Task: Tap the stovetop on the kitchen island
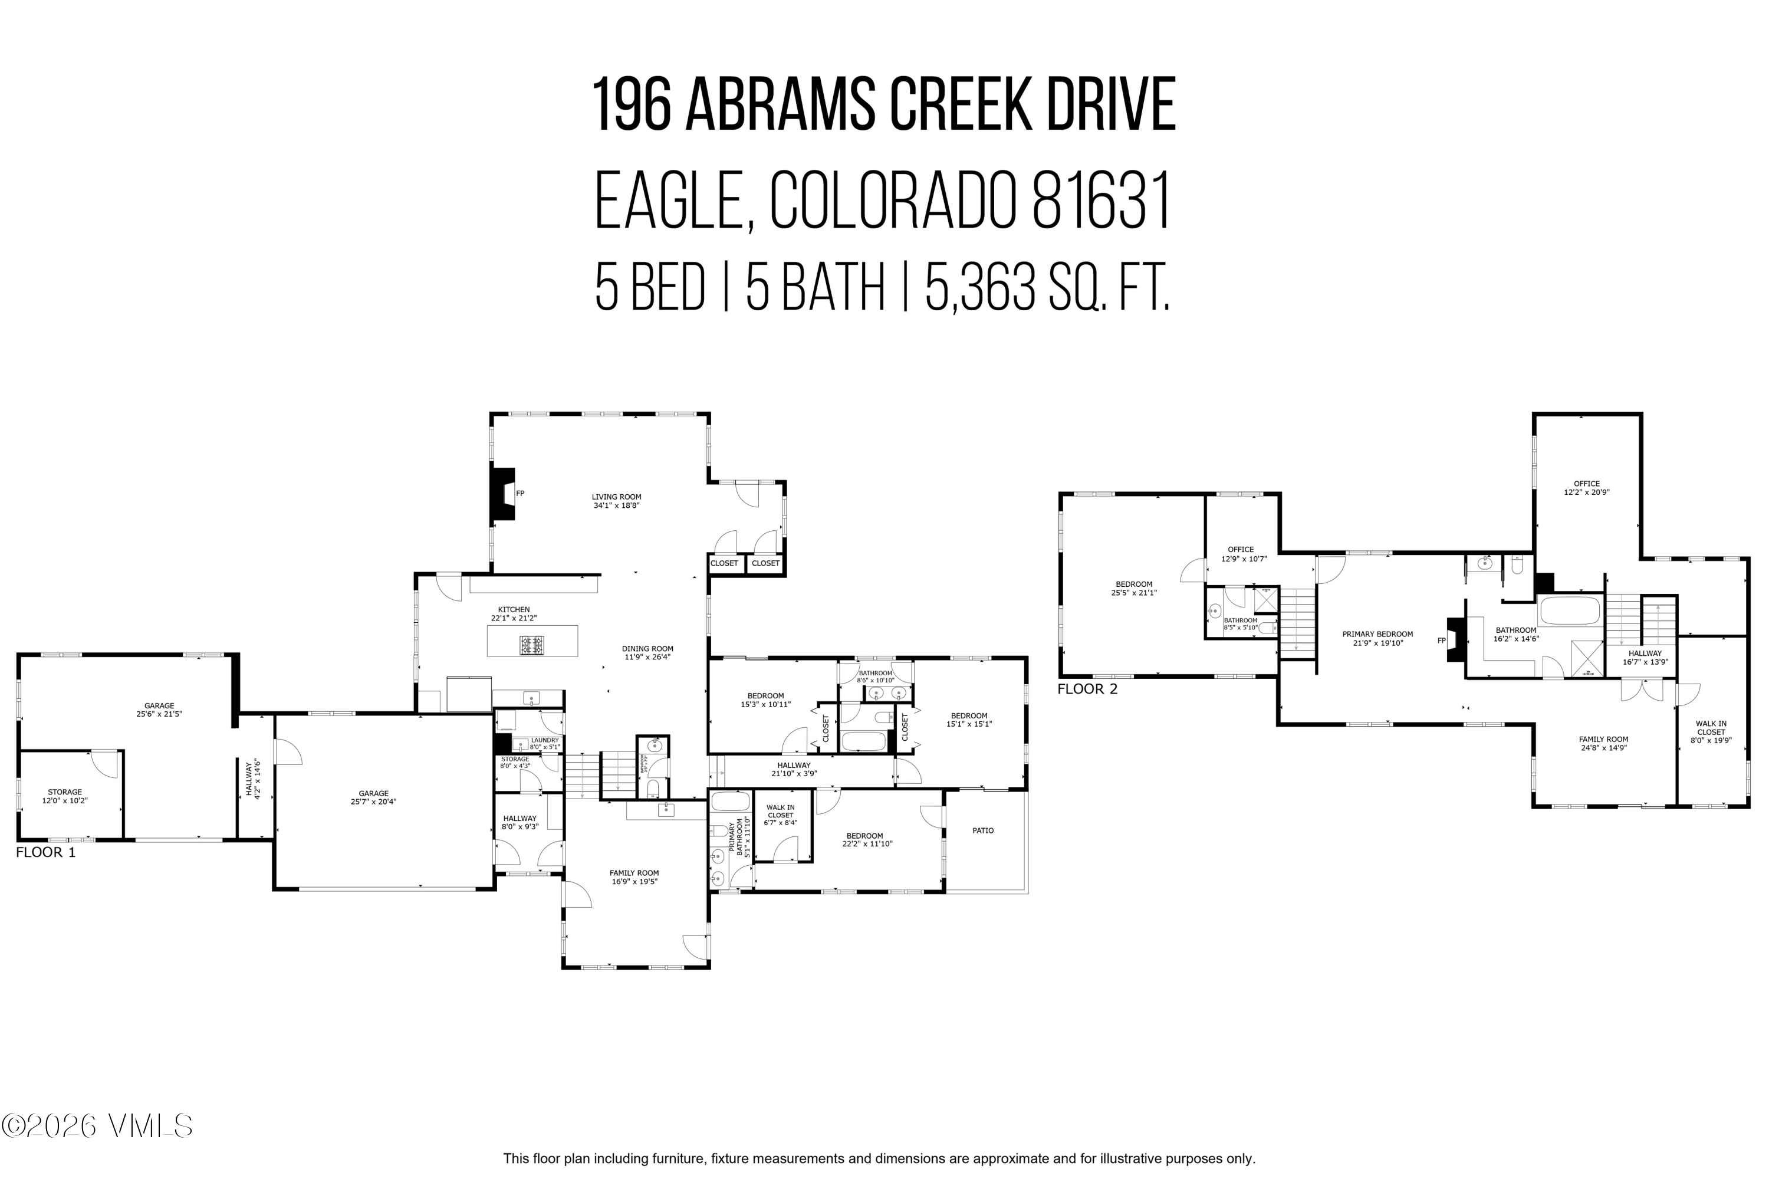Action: click(x=532, y=645)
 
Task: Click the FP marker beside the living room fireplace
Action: click(x=519, y=493)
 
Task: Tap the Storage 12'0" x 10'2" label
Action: click(x=65, y=796)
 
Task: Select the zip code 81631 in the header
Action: click(x=1101, y=202)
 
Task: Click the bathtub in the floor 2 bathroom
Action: click(x=1570, y=610)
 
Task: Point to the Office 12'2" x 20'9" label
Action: click(x=1586, y=488)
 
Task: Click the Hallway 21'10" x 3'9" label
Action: click(x=793, y=769)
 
